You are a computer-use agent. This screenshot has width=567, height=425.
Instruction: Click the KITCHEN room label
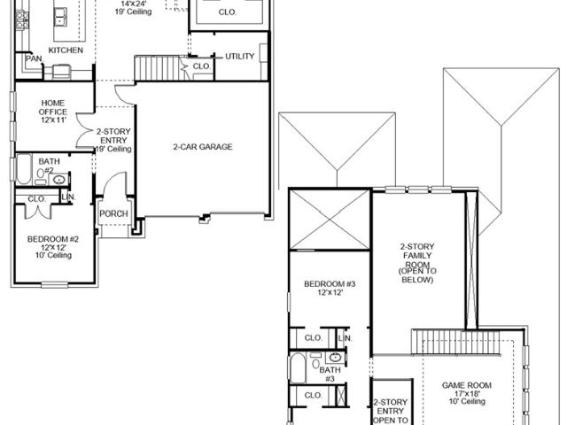click(x=66, y=50)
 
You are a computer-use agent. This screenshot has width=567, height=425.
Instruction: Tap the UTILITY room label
click(x=240, y=57)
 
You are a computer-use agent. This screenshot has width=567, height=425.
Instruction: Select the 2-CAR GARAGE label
click(x=203, y=147)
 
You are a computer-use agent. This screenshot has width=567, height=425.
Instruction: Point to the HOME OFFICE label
click(x=53, y=107)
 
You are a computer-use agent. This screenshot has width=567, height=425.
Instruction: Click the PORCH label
click(x=113, y=213)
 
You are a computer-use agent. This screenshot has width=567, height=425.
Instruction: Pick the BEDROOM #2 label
click(x=53, y=239)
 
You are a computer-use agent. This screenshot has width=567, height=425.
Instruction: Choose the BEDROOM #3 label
click(x=330, y=284)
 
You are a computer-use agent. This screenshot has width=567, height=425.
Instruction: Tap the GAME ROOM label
click(x=467, y=385)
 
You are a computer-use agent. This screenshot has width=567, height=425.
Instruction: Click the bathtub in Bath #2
click(x=24, y=169)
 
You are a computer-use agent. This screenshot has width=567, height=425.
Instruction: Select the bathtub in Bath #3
click(x=298, y=368)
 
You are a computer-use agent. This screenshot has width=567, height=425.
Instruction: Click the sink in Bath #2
click(x=58, y=180)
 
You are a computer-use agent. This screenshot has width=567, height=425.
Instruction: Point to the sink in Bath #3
click(x=335, y=358)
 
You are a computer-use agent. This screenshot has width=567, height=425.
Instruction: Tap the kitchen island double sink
click(x=60, y=17)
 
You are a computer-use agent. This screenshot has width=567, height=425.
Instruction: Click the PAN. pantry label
click(x=34, y=58)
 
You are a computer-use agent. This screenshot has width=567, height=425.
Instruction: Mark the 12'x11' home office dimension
click(x=53, y=120)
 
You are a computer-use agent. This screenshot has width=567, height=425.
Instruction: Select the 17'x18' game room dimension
click(x=467, y=393)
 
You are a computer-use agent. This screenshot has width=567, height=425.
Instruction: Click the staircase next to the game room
click(x=455, y=342)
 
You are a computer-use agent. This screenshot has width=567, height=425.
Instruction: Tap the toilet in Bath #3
click(x=316, y=362)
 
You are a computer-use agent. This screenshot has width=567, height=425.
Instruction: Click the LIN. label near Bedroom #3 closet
click(x=345, y=338)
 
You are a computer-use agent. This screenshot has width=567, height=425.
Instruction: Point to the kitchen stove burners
click(x=22, y=19)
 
